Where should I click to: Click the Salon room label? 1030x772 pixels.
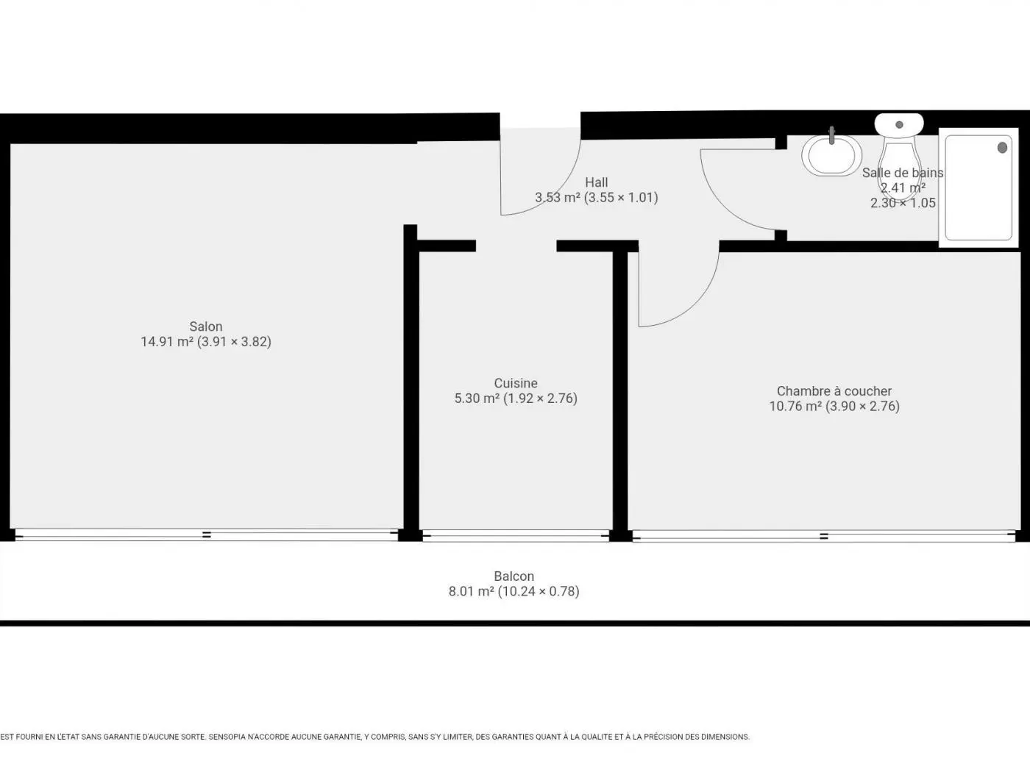206,326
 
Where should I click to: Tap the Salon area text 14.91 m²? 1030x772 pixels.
167,342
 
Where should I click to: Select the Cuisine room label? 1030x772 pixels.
516,383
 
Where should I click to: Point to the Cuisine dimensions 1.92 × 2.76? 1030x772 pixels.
541,398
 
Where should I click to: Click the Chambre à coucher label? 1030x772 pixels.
834,391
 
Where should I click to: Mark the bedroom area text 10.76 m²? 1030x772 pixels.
795,407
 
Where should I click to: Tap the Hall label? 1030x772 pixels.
597,182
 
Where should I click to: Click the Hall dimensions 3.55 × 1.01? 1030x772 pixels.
621,198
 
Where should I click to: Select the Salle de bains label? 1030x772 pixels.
903,173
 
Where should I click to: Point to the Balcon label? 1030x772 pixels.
514,576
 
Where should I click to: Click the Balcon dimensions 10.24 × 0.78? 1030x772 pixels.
539,592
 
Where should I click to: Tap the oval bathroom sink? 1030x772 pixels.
832,156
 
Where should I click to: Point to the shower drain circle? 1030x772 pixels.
1002,148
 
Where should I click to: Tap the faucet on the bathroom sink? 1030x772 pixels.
832,135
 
